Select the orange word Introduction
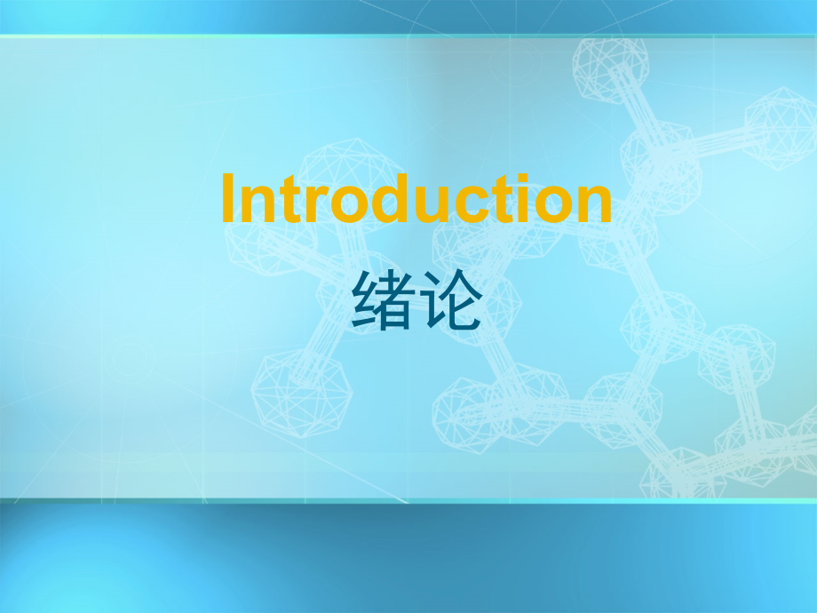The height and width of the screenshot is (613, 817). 416,200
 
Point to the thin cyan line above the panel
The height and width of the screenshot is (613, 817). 408,36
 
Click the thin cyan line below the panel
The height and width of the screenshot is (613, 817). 408,502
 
